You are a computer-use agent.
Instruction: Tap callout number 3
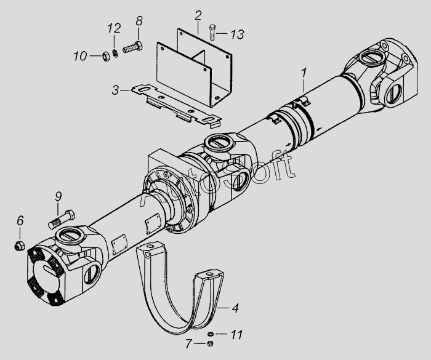point(115,90)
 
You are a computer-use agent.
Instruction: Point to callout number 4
point(236,306)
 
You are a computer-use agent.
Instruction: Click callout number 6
point(20,220)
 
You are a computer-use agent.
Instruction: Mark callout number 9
point(58,197)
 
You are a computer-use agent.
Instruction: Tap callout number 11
point(237,335)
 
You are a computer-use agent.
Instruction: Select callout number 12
point(112,29)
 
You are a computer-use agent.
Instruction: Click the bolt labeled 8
point(133,47)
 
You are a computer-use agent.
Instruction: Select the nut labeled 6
point(18,246)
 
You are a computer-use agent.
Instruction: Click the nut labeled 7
point(210,343)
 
